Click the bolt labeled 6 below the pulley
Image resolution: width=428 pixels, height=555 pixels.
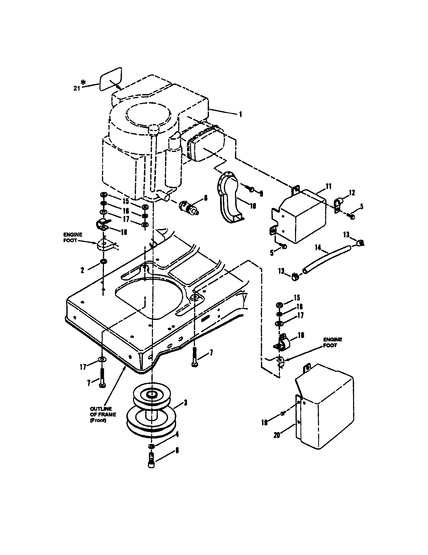(x=151, y=463)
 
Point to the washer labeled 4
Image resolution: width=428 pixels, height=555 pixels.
(x=151, y=446)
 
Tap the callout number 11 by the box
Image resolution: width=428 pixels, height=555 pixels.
(x=329, y=186)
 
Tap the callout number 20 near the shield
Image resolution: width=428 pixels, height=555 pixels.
(x=277, y=435)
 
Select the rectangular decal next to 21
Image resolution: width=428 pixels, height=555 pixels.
(x=111, y=79)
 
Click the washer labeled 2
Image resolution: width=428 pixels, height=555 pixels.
(x=103, y=261)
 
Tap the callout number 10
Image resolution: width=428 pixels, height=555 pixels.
(x=253, y=206)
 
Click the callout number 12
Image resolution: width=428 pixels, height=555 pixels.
(x=352, y=193)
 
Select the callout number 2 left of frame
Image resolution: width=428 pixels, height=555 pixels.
(x=82, y=270)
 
